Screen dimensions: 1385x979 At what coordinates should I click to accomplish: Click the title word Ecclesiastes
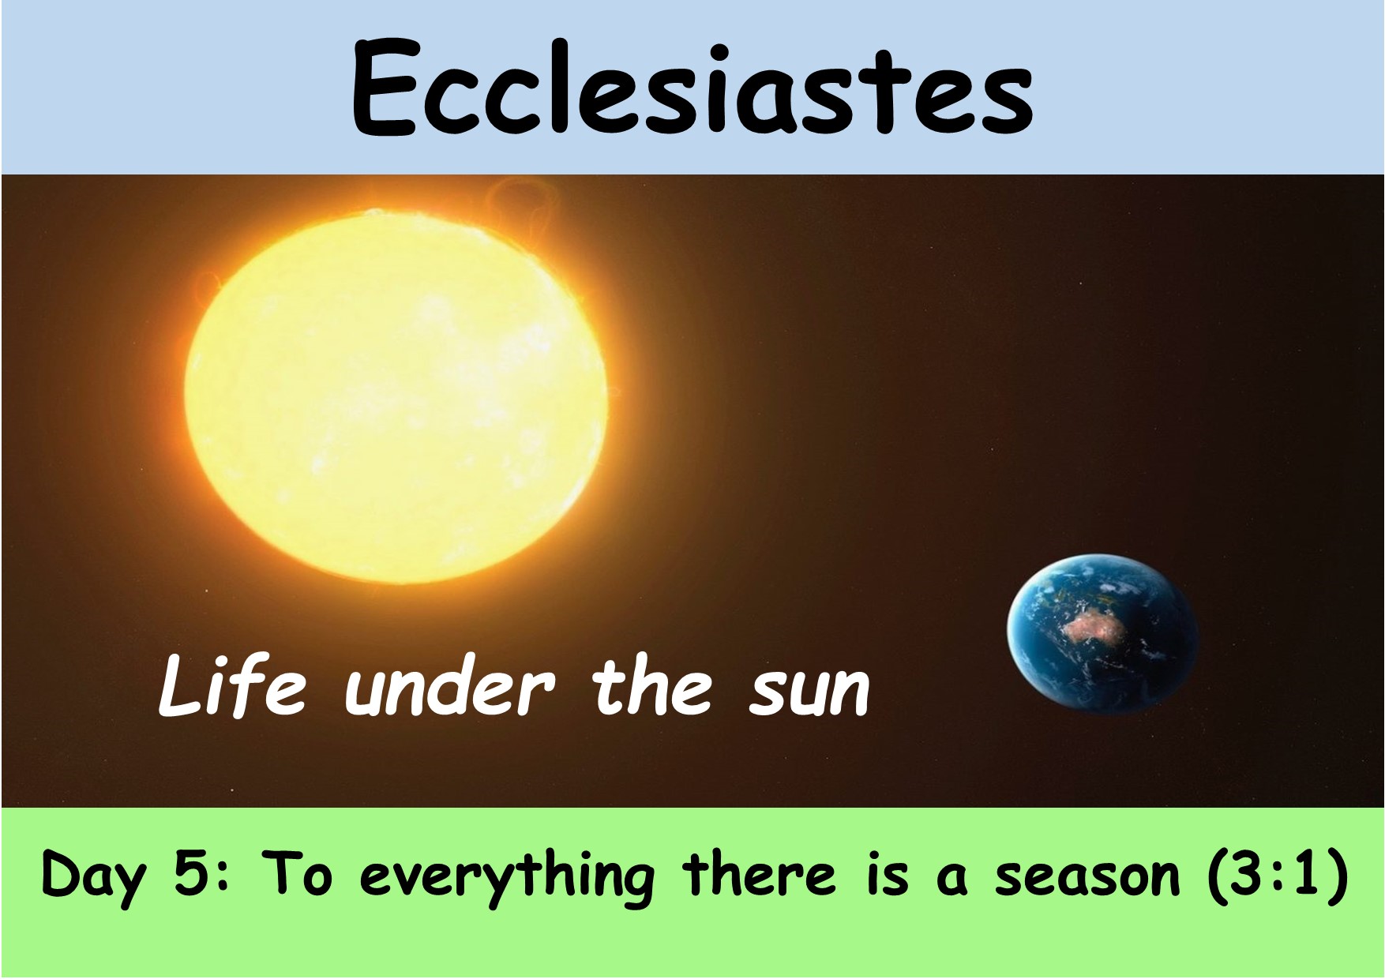coord(692,88)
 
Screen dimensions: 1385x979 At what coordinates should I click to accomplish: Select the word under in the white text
coord(453,690)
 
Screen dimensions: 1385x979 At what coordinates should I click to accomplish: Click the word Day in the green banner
coord(93,878)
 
